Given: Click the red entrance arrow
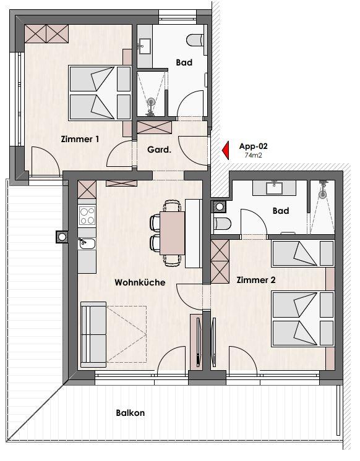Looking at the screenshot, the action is click(x=226, y=150).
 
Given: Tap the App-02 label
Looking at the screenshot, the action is click(x=253, y=146).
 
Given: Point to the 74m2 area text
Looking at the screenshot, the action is click(x=253, y=155).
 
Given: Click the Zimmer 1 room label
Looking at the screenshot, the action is click(x=80, y=139).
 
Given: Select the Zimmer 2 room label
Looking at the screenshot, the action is click(x=256, y=280).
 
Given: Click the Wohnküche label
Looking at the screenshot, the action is click(x=140, y=282).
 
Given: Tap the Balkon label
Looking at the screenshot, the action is click(x=130, y=413).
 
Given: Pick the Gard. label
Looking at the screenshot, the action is click(x=159, y=150).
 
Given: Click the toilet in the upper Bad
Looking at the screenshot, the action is click(x=195, y=40).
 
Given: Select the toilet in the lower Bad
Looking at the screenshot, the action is click(x=221, y=224).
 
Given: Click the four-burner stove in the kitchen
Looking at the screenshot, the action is click(x=87, y=216).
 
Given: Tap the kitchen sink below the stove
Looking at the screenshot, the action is click(x=87, y=243).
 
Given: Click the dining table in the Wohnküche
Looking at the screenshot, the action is click(x=172, y=233).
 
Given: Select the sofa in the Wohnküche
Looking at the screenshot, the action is click(x=93, y=334).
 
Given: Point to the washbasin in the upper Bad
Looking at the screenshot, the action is click(x=145, y=46).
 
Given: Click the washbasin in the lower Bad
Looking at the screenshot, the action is click(x=275, y=188).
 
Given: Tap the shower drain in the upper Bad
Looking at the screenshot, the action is click(x=151, y=102).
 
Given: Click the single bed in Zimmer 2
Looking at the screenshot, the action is click(x=303, y=253).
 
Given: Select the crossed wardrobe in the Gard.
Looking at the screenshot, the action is click(x=154, y=127).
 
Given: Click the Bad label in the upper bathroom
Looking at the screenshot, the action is click(x=184, y=62).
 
